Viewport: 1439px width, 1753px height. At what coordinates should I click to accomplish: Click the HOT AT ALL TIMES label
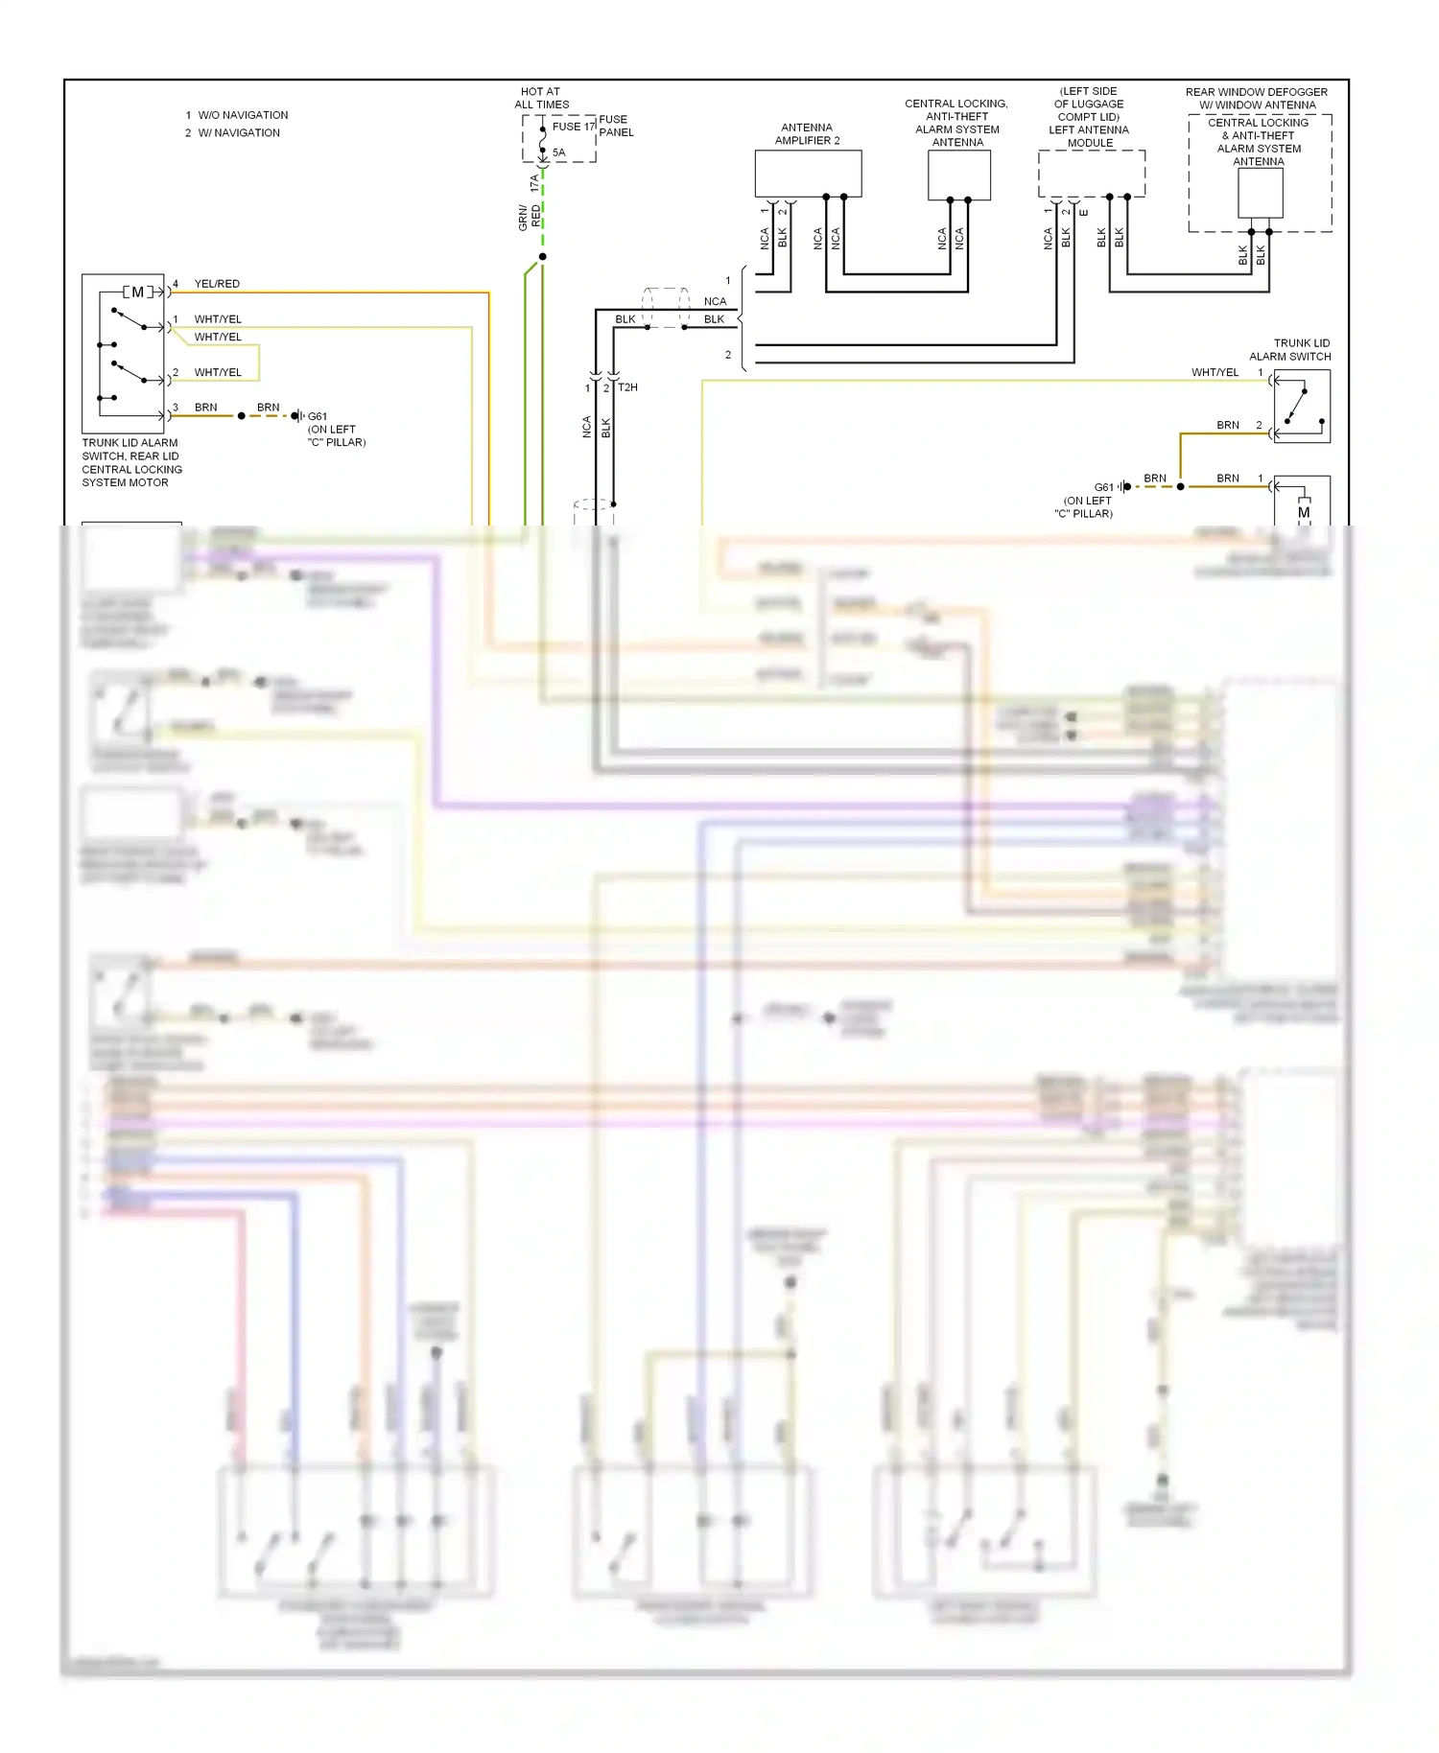click(x=541, y=98)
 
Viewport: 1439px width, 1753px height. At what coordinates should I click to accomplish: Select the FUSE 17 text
click(x=574, y=127)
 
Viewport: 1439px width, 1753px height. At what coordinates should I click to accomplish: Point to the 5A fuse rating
click(x=558, y=152)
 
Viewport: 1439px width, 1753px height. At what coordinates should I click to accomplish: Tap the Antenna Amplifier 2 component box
click(x=808, y=174)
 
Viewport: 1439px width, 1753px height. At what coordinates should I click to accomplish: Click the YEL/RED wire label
click(x=217, y=284)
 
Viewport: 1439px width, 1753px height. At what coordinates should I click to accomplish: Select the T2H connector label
click(x=627, y=387)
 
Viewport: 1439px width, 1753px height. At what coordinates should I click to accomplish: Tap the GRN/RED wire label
click(x=530, y=217)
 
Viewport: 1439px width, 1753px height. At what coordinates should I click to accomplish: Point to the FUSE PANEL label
click(x=616, y=126)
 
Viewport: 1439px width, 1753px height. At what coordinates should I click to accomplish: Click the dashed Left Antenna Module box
click(x=1091, y=173)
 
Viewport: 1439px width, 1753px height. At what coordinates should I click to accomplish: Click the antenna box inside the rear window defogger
click(x=1260, y=193)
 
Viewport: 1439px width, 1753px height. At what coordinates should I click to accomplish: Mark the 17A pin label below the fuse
click(x=534, y=183)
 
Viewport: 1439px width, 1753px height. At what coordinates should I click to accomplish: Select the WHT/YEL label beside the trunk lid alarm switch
click(x=1215, y=372)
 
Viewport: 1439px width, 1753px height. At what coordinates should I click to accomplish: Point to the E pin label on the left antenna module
click(x=1084, y=213)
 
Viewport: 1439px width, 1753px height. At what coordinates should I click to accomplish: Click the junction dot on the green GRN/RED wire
click(x=542, y=257)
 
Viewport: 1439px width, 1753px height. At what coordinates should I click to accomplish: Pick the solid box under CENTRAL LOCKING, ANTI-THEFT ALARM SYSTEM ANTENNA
click(x=958, y=175)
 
